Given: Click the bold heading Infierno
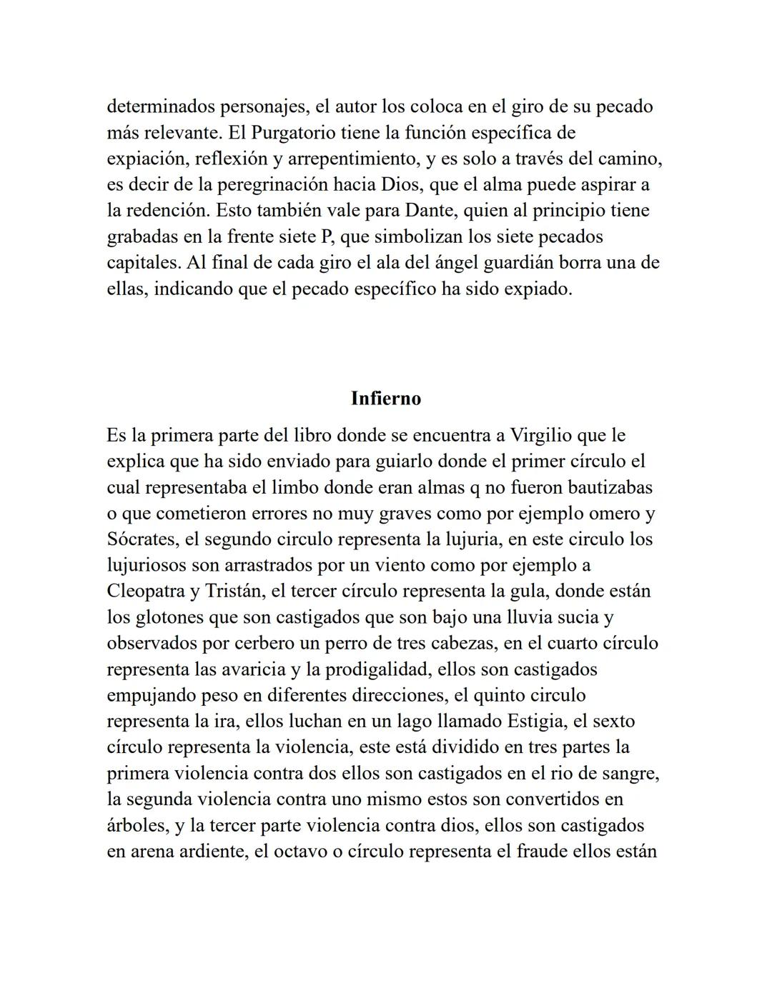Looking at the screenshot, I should point(386,399).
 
